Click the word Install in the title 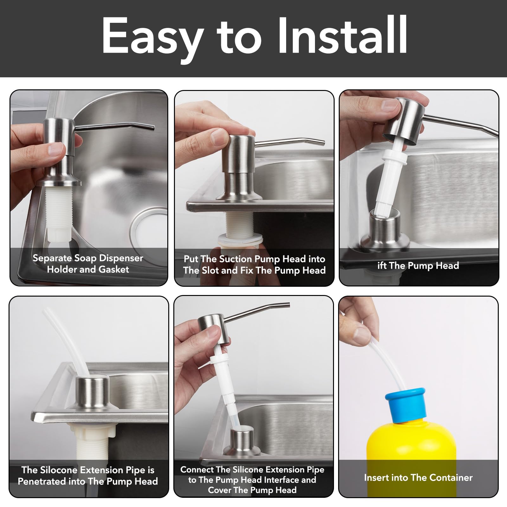coord(343,35)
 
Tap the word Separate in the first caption coord(52,259)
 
